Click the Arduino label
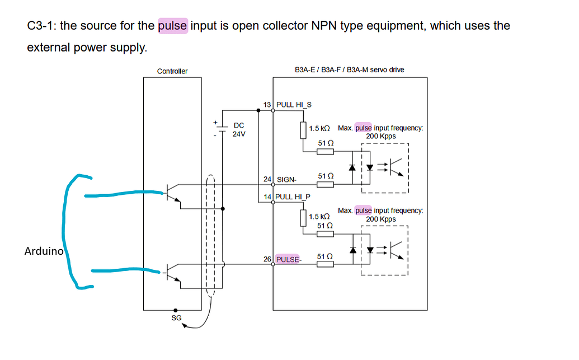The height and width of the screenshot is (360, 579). point(44,251)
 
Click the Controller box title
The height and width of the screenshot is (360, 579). point(172,71)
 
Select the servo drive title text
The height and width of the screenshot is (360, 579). point(349,70)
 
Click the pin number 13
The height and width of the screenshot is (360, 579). point(267,104)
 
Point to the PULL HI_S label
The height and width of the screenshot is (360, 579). point(294,104)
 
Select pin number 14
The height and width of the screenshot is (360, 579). point(267,197)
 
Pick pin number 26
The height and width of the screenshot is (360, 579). point(267,259)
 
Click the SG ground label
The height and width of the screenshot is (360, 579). point(176,318)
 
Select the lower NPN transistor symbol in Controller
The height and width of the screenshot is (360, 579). point(174,273)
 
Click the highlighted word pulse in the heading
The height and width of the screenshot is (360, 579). point(173,26)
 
